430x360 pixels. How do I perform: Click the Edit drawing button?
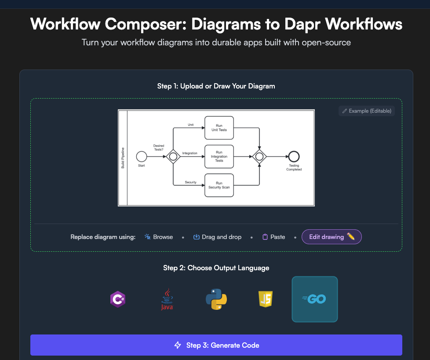point(332,237)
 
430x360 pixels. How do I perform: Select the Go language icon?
point(314,299)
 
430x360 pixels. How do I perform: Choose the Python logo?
point(216,299)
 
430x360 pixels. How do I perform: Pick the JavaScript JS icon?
point(266,299)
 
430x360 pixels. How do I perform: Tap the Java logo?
point(167,299)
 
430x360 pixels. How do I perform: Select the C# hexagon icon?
point(118,299)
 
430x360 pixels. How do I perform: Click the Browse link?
point(159,237)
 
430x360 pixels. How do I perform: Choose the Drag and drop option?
point(217,237)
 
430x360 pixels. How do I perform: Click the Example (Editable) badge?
point(367,111)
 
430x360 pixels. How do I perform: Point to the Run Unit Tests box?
point(219,128)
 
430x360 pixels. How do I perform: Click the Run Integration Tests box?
point(219,156)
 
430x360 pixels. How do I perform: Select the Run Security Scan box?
point(219,185)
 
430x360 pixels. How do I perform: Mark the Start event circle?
point(141,156)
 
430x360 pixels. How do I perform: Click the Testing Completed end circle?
point(294,156)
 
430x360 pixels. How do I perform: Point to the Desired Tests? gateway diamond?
point(173,156)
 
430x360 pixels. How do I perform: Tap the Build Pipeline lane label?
point(123,158)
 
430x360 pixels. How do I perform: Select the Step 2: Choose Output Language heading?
point(216,268)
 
